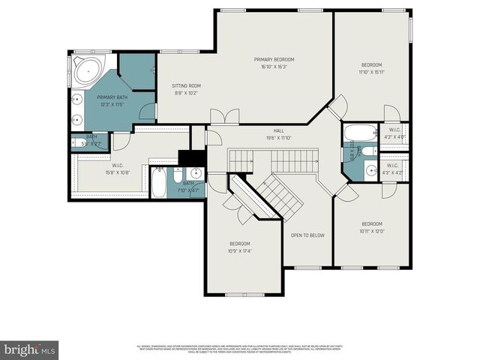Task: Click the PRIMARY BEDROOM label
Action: coord(273,59)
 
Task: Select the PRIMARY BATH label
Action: coord(111,97)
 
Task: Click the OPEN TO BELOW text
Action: coord(307,235)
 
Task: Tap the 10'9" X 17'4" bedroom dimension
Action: coord(240,250)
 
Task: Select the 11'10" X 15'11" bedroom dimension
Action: coord(371,72)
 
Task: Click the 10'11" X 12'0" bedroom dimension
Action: coord(372,231)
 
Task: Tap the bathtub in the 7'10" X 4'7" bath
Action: coord(158,183)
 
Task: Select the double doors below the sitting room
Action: coord(224,116)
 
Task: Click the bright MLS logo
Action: coord(30,349)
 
